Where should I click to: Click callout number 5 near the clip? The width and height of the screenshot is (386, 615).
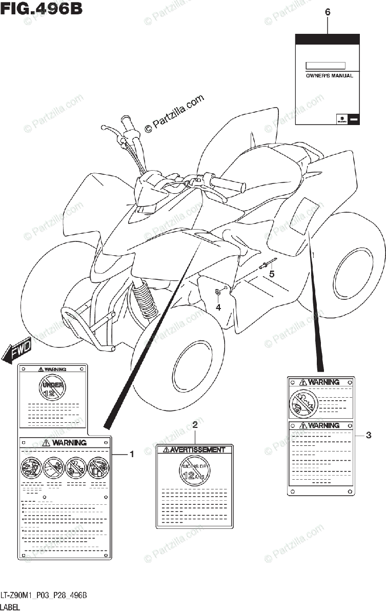tap(272, 274)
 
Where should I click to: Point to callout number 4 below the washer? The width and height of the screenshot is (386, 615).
tap(218, 307)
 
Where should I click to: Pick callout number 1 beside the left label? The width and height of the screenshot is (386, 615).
tap(131, 454)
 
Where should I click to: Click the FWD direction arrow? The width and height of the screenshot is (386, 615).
tap(17, 353)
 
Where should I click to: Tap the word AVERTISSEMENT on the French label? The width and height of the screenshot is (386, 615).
tap(198, 450)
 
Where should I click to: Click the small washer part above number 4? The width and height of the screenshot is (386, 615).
tap(218, 292)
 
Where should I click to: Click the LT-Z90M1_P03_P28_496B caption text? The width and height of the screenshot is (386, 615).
tap(44, 595)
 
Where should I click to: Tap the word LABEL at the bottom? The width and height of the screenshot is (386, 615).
tap(10, 607)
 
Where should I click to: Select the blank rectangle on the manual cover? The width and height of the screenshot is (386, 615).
tap(326, 66)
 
